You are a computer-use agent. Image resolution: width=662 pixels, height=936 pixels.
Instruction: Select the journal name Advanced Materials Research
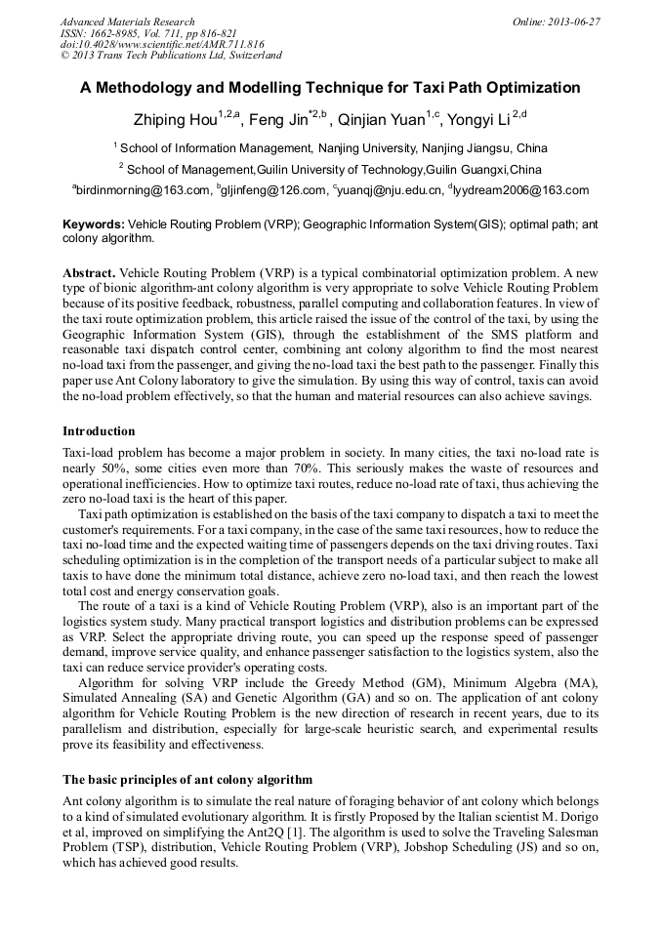coord(127,21)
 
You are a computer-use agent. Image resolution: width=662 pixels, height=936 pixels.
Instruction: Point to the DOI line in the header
coord(162,44)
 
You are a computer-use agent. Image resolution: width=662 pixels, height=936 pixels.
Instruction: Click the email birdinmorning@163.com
coord(145,190)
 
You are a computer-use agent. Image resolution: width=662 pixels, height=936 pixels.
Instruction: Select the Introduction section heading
coord(99,430)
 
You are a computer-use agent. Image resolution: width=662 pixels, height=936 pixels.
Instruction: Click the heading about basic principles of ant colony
coord(186,780)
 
